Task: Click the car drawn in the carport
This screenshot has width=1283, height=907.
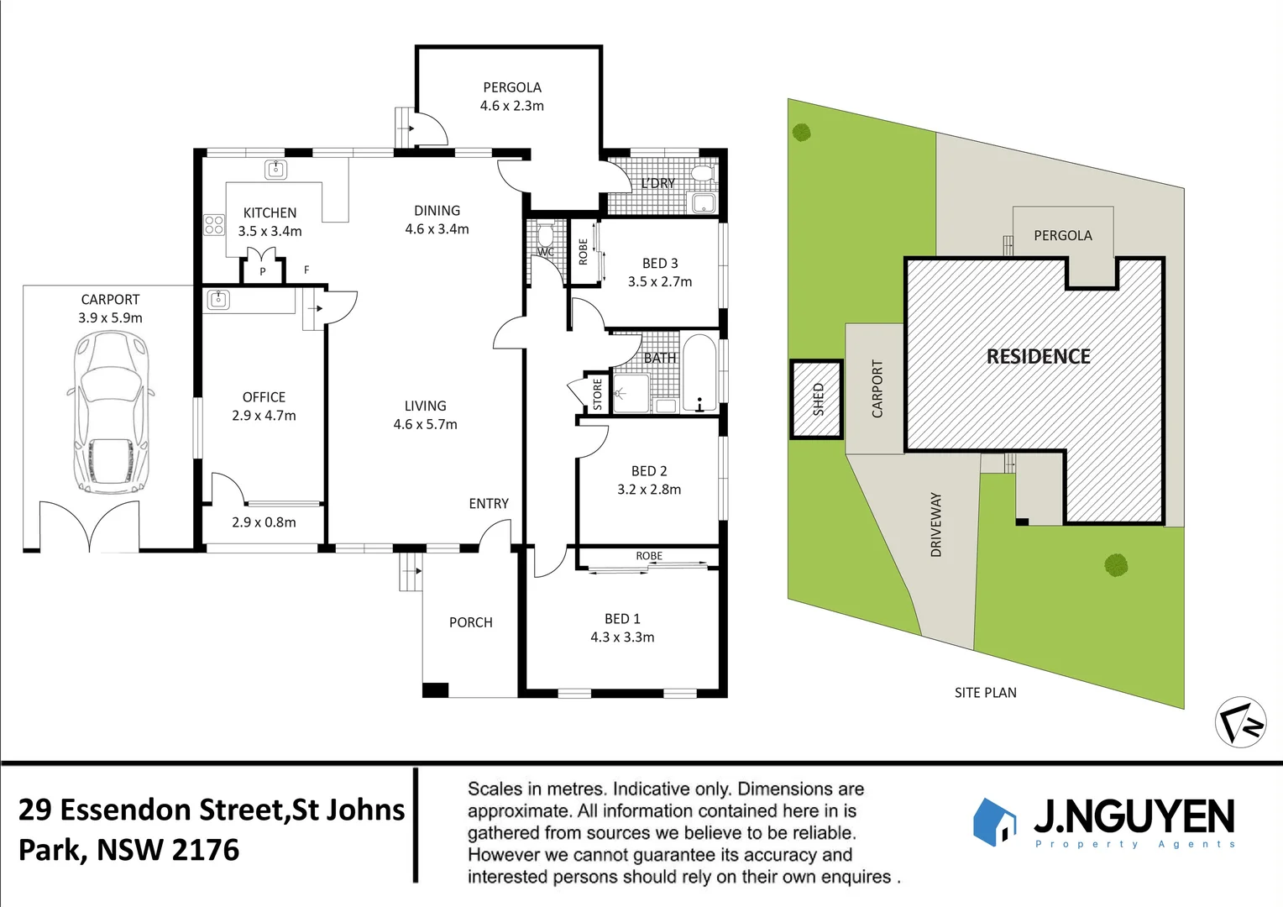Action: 111,412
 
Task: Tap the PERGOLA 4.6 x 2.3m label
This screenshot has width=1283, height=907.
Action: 511,97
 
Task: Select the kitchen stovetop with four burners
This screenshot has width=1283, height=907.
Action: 214,224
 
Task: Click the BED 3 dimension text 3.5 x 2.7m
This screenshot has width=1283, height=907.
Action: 660,282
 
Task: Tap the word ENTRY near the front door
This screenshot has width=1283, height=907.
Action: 489,504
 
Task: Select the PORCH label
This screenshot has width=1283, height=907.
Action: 470,622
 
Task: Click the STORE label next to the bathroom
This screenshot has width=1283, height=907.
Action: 598,394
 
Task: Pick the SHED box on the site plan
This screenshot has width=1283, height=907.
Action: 816,400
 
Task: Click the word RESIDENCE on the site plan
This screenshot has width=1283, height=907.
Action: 1038,357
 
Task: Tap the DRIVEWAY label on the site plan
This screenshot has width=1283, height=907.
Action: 936,525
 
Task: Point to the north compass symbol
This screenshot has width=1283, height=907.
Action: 1240,721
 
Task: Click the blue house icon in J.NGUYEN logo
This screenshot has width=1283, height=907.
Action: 994,821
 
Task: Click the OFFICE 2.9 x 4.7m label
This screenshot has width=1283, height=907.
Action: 264,406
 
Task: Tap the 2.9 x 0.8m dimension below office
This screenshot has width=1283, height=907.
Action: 264,522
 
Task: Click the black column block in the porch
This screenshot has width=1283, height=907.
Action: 435,690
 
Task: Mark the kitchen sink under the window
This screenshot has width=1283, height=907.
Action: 276,170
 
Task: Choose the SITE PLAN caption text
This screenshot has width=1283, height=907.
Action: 985,693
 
